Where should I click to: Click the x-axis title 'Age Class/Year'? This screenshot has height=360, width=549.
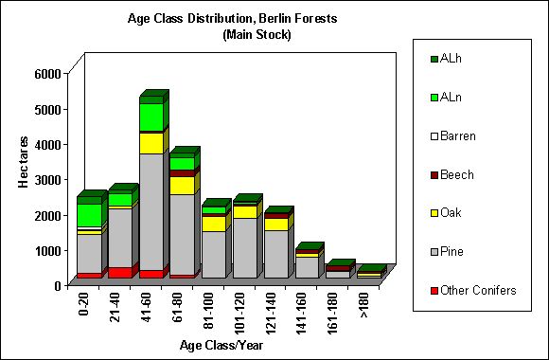click(221, 345)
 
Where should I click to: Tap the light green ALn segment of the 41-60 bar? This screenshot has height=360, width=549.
click(151, 117)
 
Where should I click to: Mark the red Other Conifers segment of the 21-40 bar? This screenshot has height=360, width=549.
click(119, 273)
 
